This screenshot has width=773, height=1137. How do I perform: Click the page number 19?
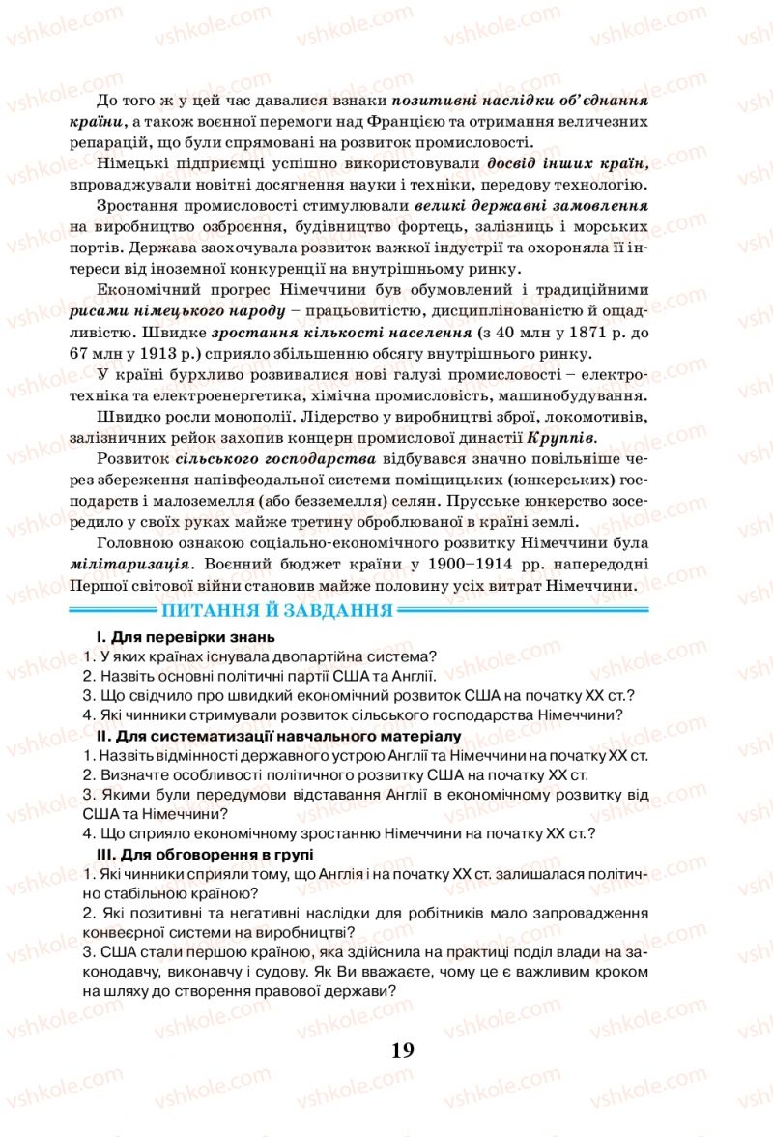pos(404,1050)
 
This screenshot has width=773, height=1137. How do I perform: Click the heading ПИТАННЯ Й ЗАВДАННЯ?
pos(278,610)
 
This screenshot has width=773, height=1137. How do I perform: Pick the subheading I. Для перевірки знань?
pos(186,637)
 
